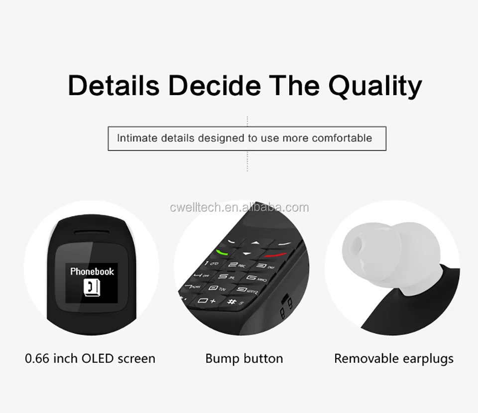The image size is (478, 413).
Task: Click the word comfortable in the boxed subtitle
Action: click(x=342, y=138)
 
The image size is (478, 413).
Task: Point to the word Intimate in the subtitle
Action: click(x=136, y=138)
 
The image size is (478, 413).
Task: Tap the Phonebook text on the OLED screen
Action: click(x=92, y=272)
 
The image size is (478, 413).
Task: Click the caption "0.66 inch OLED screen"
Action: click(x=90, y=358)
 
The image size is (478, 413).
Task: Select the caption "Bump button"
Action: click(x=244, y=358)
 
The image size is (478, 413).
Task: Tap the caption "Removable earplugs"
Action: click(x=393, y=358)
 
